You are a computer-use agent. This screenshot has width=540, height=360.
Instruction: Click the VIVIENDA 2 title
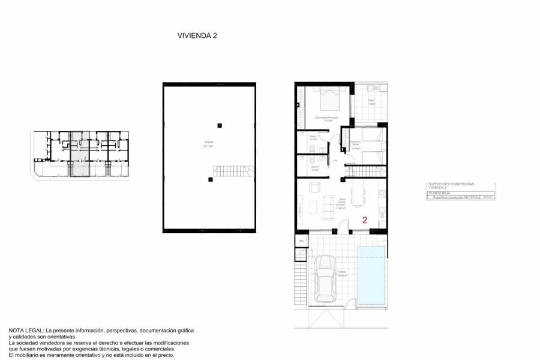click(x=197, y=35)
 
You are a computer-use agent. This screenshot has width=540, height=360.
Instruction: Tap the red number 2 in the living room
click(x=365, y=220)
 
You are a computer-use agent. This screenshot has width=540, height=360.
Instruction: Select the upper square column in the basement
click(x=220, y=125)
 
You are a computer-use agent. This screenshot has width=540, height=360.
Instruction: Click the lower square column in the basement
click(x=210, y=179)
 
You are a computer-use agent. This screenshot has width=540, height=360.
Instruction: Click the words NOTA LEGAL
click(x=26, y=331)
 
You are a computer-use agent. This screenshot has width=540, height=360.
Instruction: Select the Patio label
click(x=371, y=102)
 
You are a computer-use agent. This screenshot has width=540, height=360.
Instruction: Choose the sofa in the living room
click(x=328, y=206)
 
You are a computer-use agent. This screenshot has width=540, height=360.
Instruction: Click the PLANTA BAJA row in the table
click(x=439, y=193)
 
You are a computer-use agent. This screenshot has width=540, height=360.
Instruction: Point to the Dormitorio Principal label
click(x=327, y=118)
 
